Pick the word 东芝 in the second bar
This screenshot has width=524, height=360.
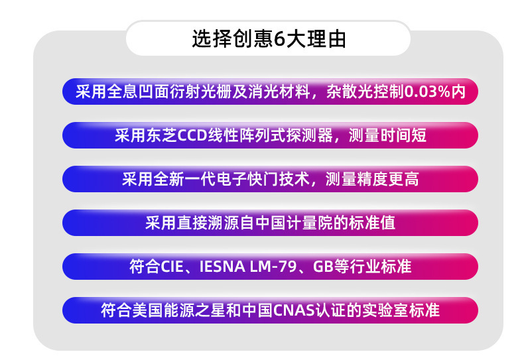(156, 135)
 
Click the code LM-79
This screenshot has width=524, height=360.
(273, 267)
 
